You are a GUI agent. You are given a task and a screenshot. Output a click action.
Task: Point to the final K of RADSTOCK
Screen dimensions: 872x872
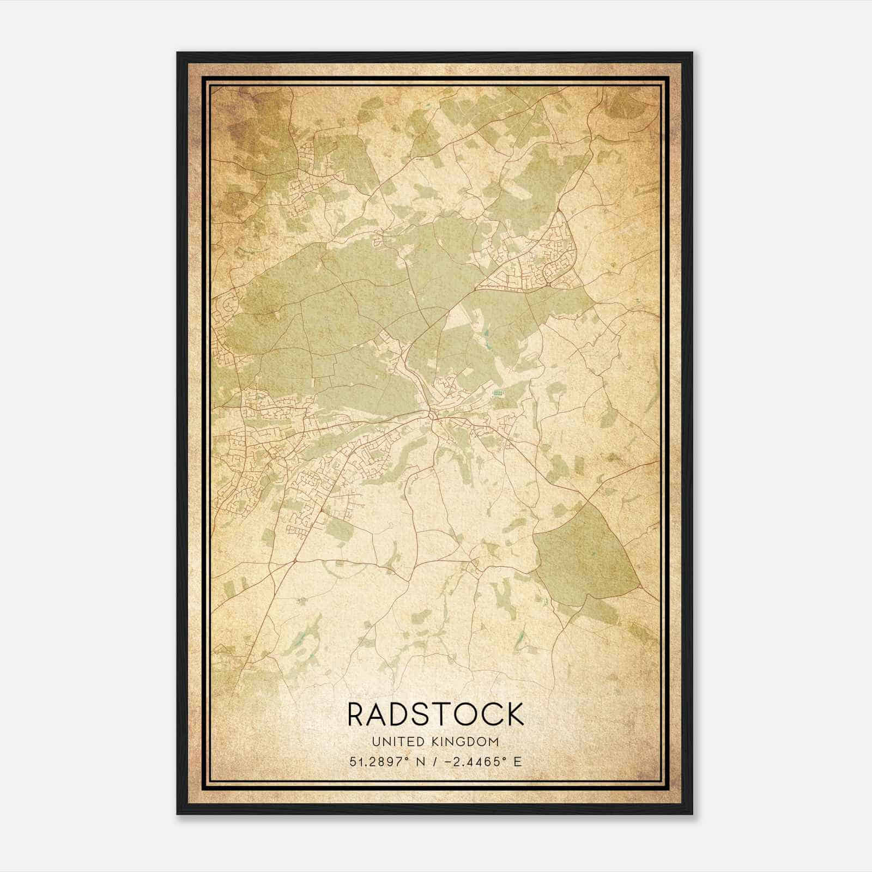(x=514, y=714)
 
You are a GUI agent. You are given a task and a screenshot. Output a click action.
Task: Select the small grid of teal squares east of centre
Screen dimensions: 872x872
(x=497, y=392)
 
